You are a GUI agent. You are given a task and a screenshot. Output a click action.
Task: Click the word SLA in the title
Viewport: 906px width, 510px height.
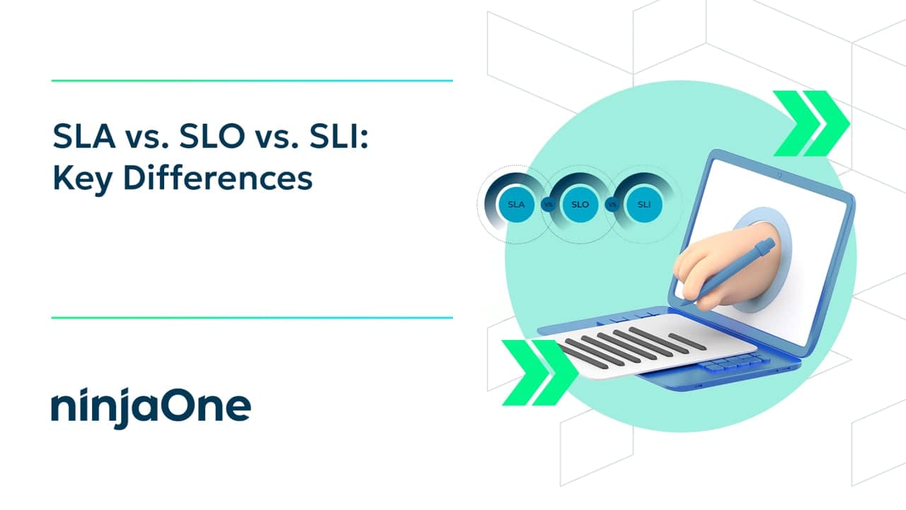pos(84,136)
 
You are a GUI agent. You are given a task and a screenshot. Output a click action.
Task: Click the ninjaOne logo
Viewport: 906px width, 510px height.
pos(151,407)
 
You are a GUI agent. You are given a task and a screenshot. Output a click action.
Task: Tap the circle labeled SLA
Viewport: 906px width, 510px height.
pos(516,205)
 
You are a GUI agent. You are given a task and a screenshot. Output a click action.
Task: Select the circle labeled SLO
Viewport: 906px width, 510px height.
pos(580,205)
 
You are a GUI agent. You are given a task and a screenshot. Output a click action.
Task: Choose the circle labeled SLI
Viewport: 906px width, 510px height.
pos(644,205)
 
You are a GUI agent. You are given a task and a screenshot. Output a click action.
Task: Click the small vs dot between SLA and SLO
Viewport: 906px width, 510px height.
pos(548,205)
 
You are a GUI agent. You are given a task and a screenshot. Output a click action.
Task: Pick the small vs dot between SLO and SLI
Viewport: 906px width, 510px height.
pos(612,205)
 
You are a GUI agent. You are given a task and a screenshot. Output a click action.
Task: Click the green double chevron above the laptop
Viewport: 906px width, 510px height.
pos(810,123)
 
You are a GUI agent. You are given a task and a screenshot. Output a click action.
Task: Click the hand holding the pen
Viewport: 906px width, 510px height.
pos(715,269)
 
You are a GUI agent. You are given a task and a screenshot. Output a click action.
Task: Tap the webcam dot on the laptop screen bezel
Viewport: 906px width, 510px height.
pos(779,174)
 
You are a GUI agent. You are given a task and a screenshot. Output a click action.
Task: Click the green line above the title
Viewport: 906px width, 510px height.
pos(252,81)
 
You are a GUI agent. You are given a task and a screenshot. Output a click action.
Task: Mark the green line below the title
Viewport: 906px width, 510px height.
pos(252,317)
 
